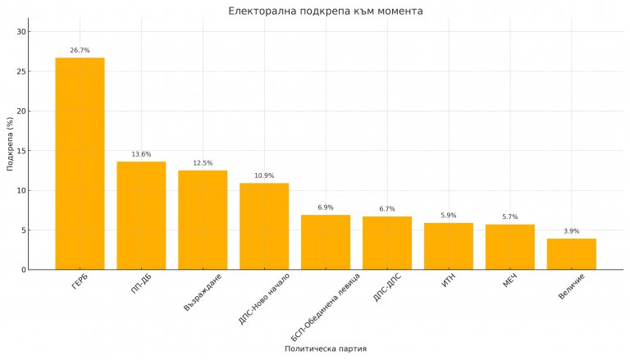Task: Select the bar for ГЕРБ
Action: [80, 164]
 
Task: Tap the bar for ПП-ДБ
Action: [141, 216]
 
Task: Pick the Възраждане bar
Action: [203, 220]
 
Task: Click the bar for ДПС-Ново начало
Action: [264, 226]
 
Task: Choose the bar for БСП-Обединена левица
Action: [326, 242]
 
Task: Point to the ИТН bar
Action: [449, 246]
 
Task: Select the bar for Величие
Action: [572, 254]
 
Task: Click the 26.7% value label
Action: [80, 51]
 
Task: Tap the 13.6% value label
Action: [141, 155]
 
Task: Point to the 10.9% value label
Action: [264, 176]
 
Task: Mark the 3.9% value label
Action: [572, 231]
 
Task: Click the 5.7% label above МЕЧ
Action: [510, 217]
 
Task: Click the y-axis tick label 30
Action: [21, 32]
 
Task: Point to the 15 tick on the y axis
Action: [21, 151]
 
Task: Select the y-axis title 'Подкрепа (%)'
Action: [9, 144]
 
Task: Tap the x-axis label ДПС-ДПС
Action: [387, 288]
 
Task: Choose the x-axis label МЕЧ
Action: [511, 283]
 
